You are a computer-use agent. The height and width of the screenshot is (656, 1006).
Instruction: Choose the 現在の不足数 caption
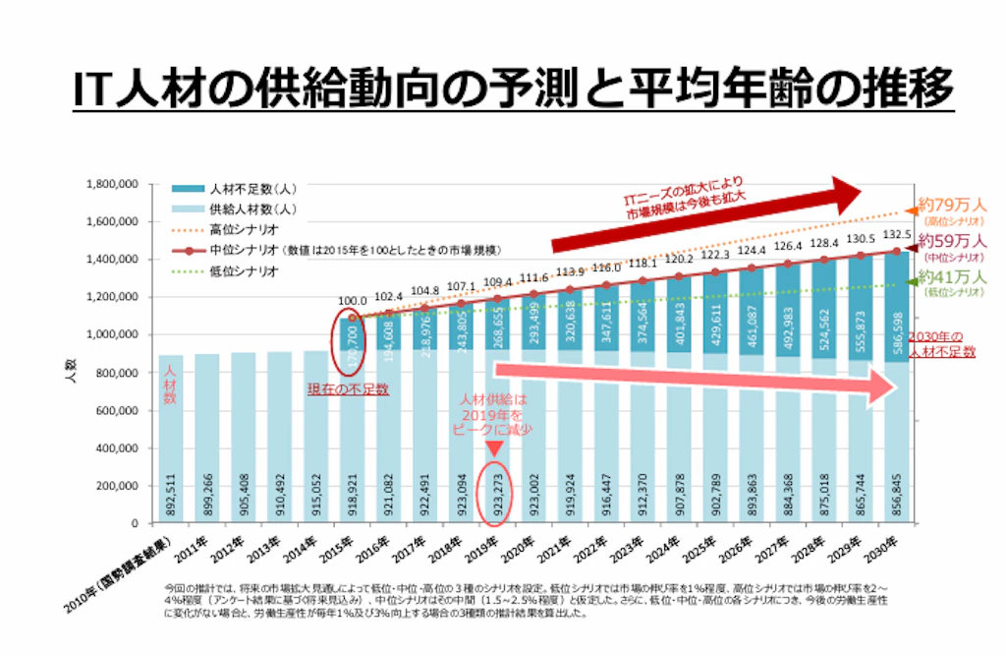(351, 389)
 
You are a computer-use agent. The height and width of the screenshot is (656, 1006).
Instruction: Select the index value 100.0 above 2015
(351, 301)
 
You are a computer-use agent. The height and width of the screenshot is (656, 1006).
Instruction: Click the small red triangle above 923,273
(495, 447)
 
